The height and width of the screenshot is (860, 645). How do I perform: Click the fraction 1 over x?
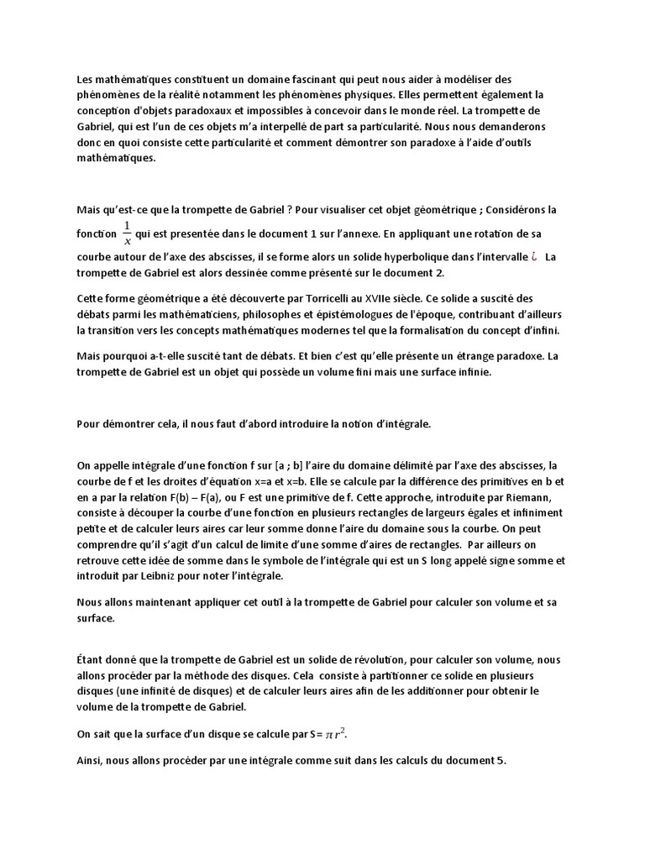tap(127, 233)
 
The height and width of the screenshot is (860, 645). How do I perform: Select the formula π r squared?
tap(336, 734)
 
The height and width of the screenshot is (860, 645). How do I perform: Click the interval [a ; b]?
tap(302, 465)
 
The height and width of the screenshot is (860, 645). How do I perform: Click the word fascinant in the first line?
tap(328, 79)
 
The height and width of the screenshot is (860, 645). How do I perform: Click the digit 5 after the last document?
tap(502, 761)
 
